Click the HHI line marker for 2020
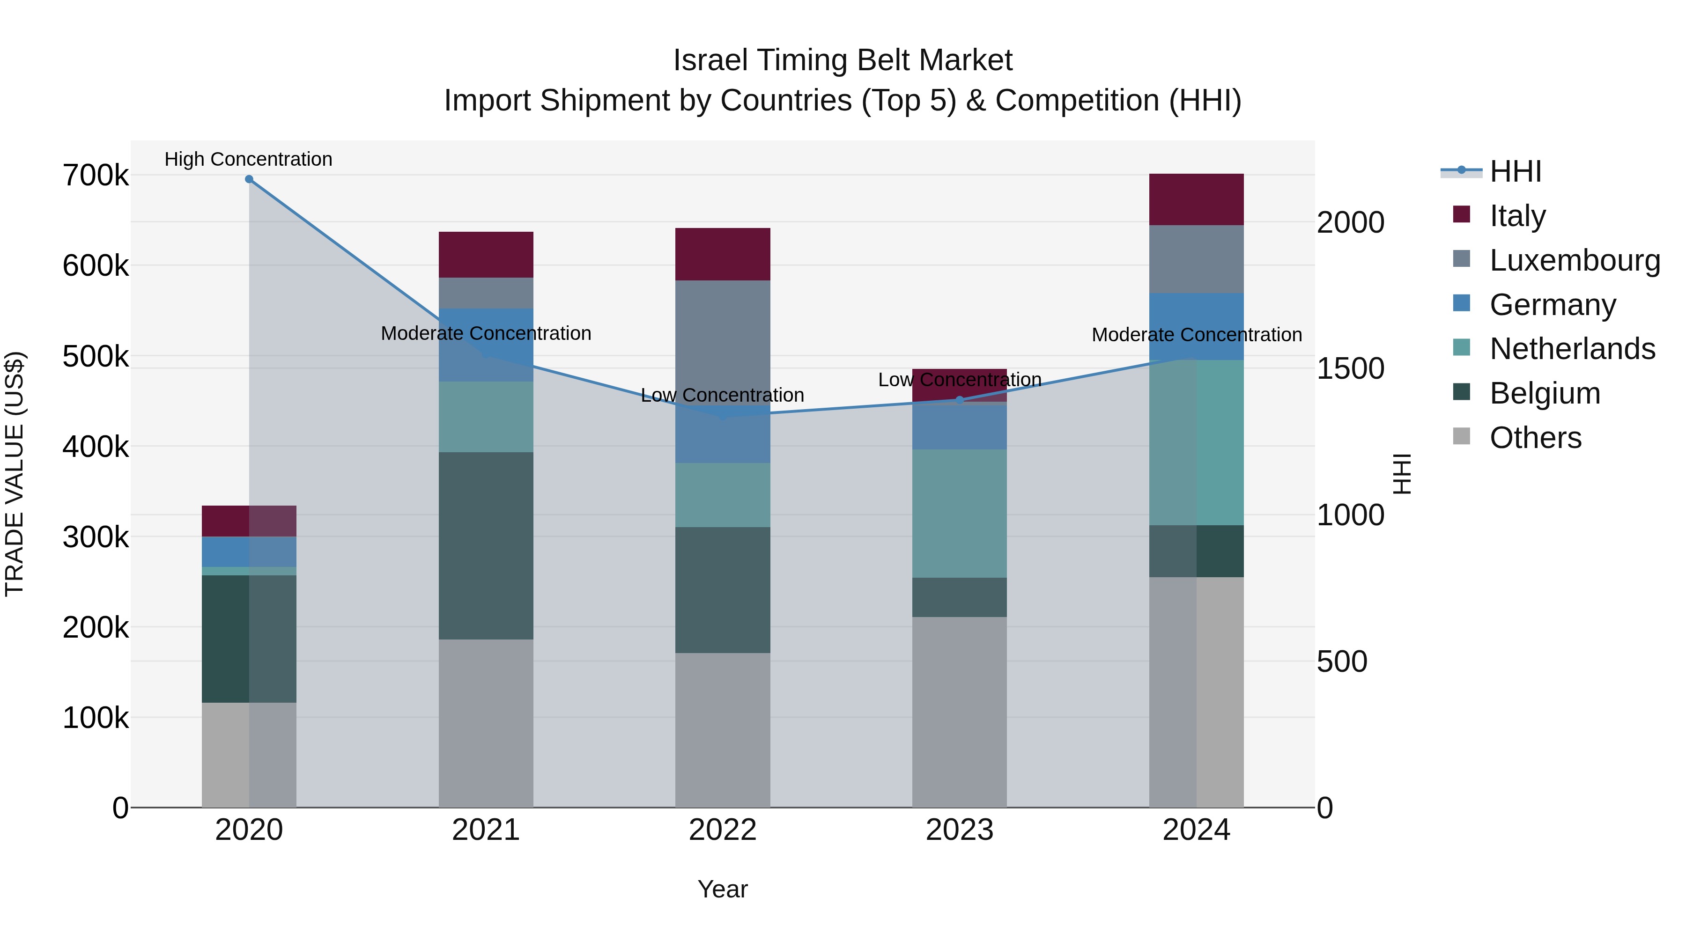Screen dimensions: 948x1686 [x=249, y=179]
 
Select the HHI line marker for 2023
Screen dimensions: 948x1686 [x=960, y=400]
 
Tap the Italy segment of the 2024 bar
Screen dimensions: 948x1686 [x=1197, y=199]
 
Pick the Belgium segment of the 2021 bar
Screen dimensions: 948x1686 [x=486, y=546]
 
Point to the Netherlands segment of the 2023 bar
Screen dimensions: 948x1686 [x=960, y=514]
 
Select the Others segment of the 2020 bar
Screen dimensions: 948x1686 [x=249, y=755]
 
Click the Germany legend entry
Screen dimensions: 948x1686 [x=1552, y=305]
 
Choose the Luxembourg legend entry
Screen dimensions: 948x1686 [x=1574, y=260]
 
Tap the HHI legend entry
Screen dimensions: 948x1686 [x=1515, y=171]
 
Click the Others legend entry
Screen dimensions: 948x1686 [x=1535, y=438]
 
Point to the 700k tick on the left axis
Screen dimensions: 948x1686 [x=96, y=176]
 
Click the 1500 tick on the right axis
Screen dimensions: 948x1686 [x=1350, y=368]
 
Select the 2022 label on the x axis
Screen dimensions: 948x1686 [x=723, y=830]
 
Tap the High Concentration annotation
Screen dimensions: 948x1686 [x=249, y=159]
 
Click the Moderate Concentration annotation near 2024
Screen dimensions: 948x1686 [x=1197, y=335]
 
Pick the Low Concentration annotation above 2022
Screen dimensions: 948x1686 [x=723, y=395]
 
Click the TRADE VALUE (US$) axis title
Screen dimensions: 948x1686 [x=15, y=474]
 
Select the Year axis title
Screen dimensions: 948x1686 [x=723, y=889]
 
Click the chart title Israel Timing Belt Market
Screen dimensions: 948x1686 [x=843, y=60]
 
